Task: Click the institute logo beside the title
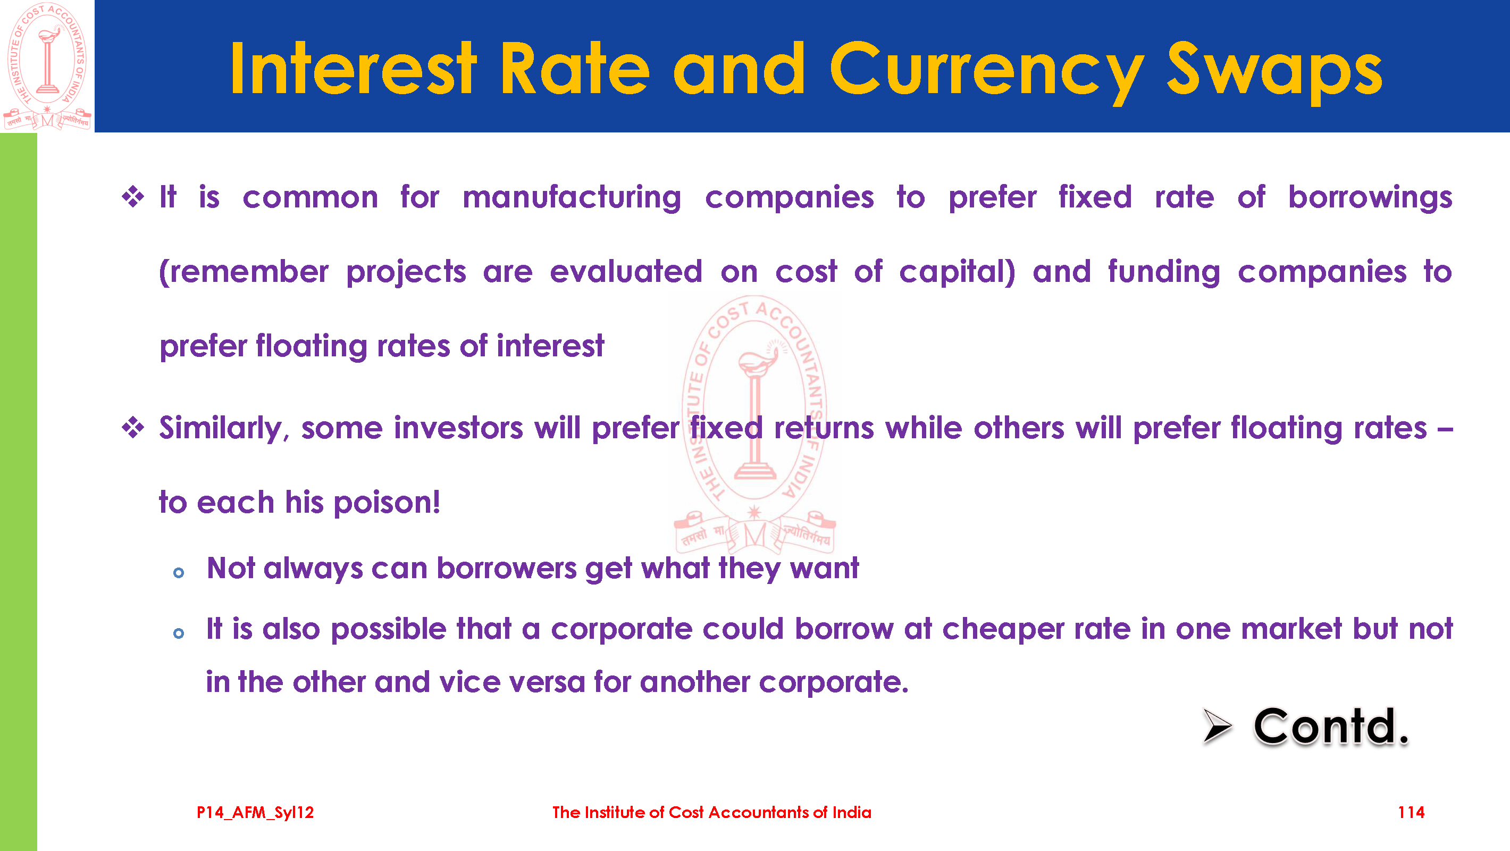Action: [x=47, y=66]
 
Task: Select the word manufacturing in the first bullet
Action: [x=572, y=198]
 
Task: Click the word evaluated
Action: [x=626, y=272]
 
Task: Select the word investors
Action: [x=458, y=428]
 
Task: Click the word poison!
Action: [x=387, y=503]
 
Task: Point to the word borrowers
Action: [x=507, y=569]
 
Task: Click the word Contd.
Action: [x=1331, y=727]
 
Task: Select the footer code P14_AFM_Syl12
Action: [x=255, y=813]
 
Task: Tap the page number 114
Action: [x=1411, y=812]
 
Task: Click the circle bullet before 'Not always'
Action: [x=179, y=573]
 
